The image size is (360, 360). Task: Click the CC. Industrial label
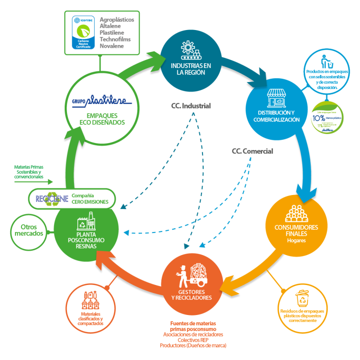191,106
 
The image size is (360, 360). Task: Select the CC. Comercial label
252,151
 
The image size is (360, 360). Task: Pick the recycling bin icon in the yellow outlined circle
302,298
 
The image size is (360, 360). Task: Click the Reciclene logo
52,198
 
